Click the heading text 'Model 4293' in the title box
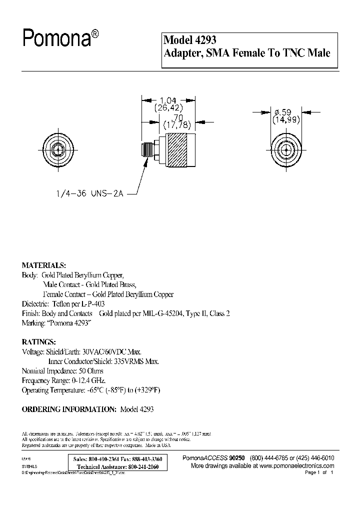pyautogui.click(x=190, y=40)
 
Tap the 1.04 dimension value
pyautogui.click(x=168, y=99)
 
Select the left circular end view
pyautogui.click(x=58, y=148)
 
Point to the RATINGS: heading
pyautogui.click(x=39, y=342)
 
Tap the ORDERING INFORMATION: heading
pyautogui.click(x=68, y=408)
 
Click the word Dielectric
pyautogui.click(x=34, y=303)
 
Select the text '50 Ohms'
pyautogui.click(x=89, y=371)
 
